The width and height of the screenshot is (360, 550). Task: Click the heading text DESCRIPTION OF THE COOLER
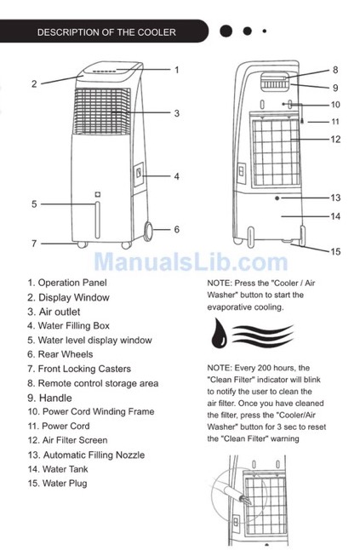click(x=106, y=32)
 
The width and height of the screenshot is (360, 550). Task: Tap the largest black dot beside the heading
click(x=226, y=32)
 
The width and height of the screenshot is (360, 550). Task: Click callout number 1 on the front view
click(x=177, y=70)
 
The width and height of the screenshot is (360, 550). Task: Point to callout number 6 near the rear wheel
click(x=177, y=229)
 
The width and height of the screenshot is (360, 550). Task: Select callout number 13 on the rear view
click(x=335, y=198)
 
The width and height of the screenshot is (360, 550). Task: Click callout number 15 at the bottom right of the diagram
click(x=335, y=251)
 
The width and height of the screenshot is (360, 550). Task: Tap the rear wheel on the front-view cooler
click(x=148, y=231)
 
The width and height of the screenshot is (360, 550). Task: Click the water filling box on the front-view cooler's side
click(x=139, y=174)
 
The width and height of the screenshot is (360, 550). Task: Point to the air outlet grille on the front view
click(x=101, y=112)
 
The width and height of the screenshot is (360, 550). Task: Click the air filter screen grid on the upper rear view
click(x=277, y=152)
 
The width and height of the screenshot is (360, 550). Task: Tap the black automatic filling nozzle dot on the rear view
click(x=277, y=198)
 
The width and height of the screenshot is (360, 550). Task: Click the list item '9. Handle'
click(x=49, y=398)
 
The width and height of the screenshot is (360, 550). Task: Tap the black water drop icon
click(x=219, y=333)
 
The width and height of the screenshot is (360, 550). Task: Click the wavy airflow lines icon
click(x=263, y=335)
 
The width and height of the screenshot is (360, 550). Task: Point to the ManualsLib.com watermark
click(x=191, y=261)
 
